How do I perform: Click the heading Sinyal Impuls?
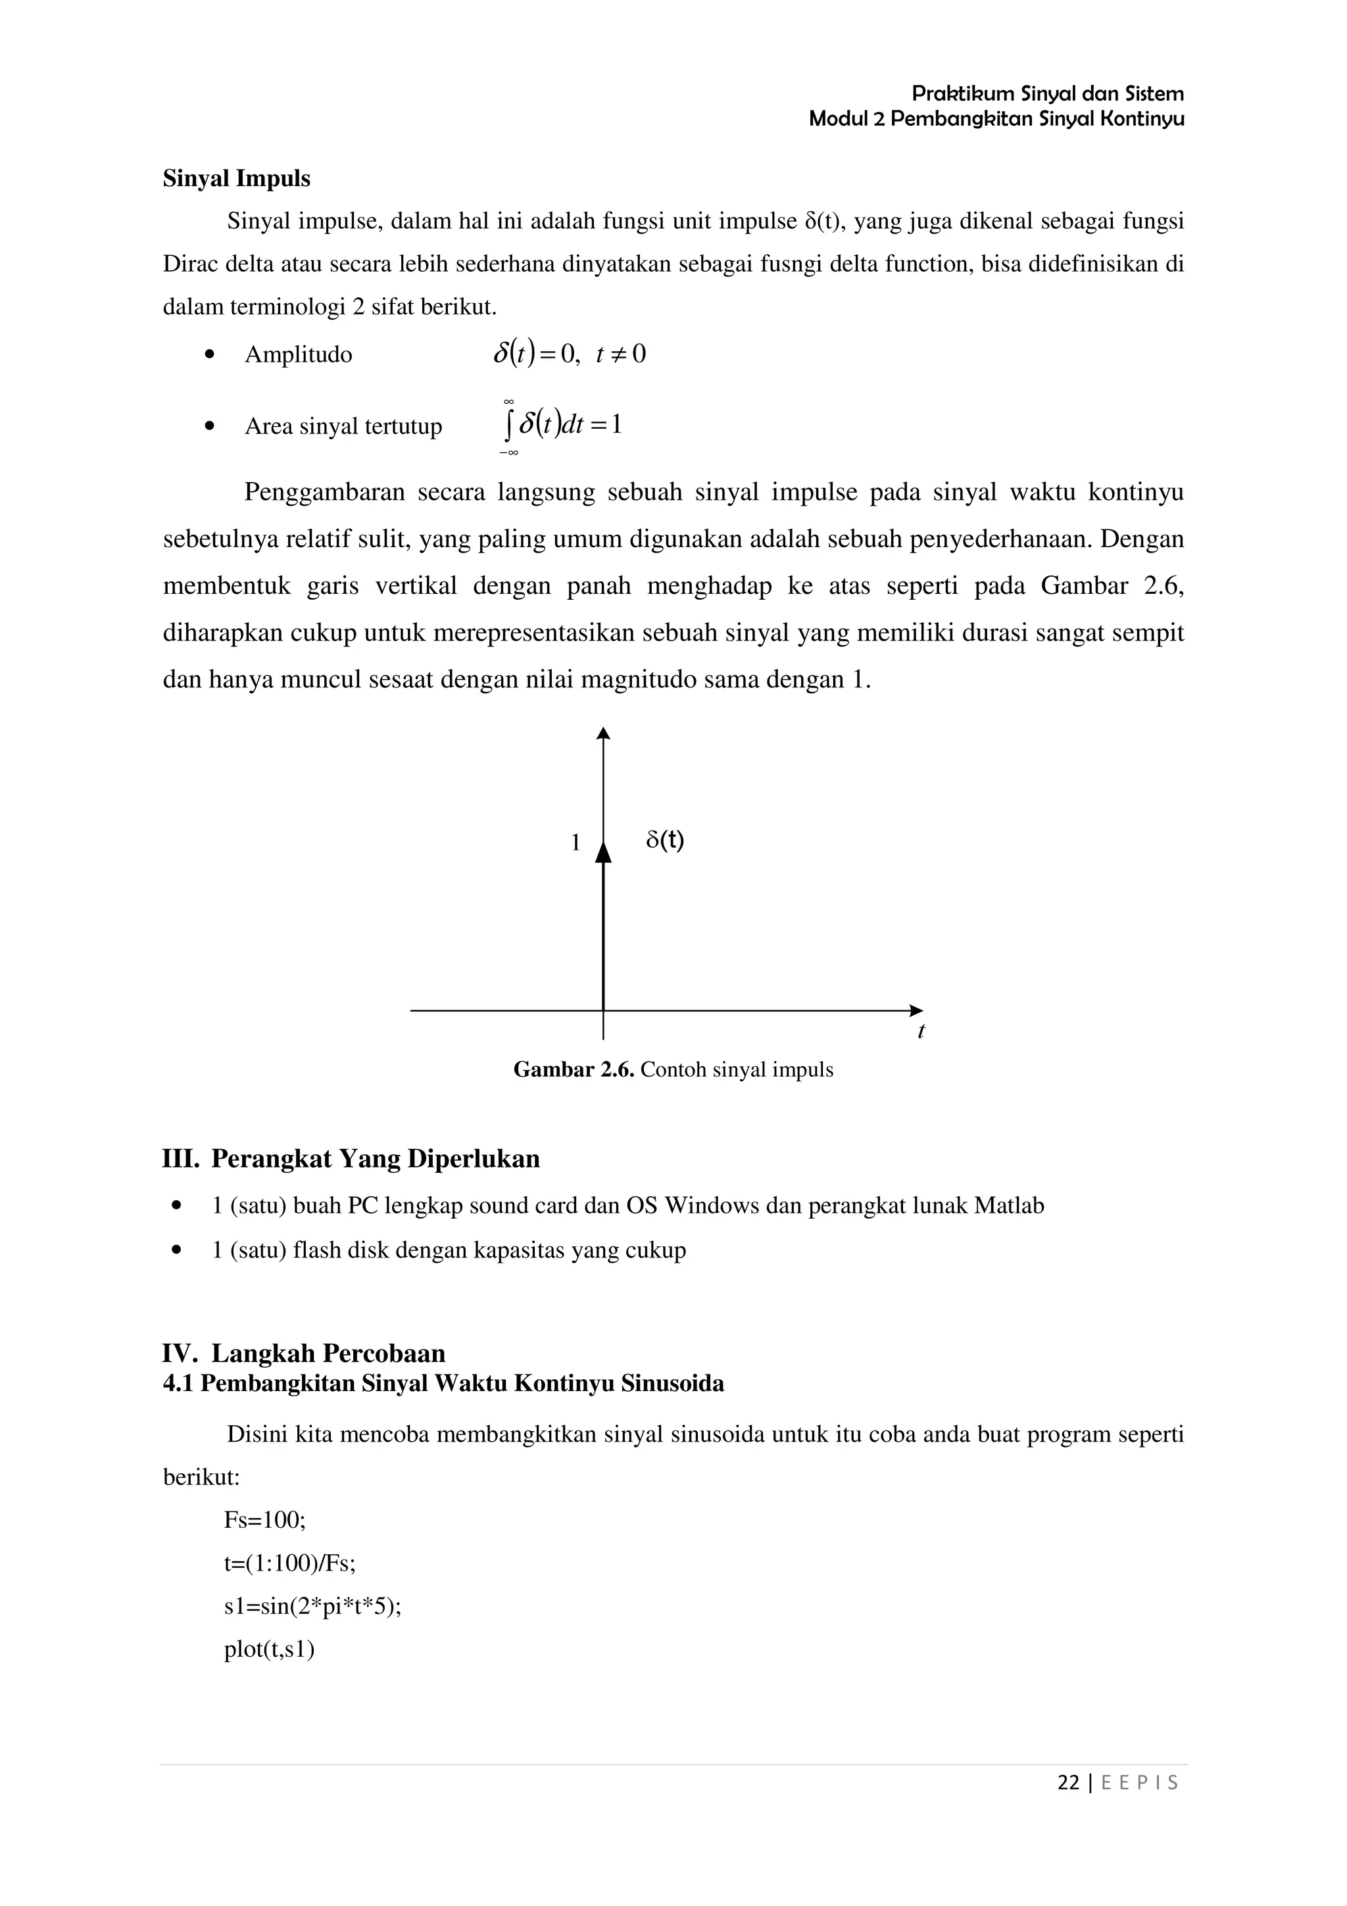point(237,178)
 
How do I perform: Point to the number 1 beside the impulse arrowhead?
point(575,843)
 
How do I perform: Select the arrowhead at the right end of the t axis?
point(916,1010)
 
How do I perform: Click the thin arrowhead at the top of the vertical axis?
point(603,733)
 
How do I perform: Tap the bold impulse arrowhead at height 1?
point(603,852)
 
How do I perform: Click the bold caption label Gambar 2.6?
point(574,1070)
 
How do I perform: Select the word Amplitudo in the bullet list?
point(298,355)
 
